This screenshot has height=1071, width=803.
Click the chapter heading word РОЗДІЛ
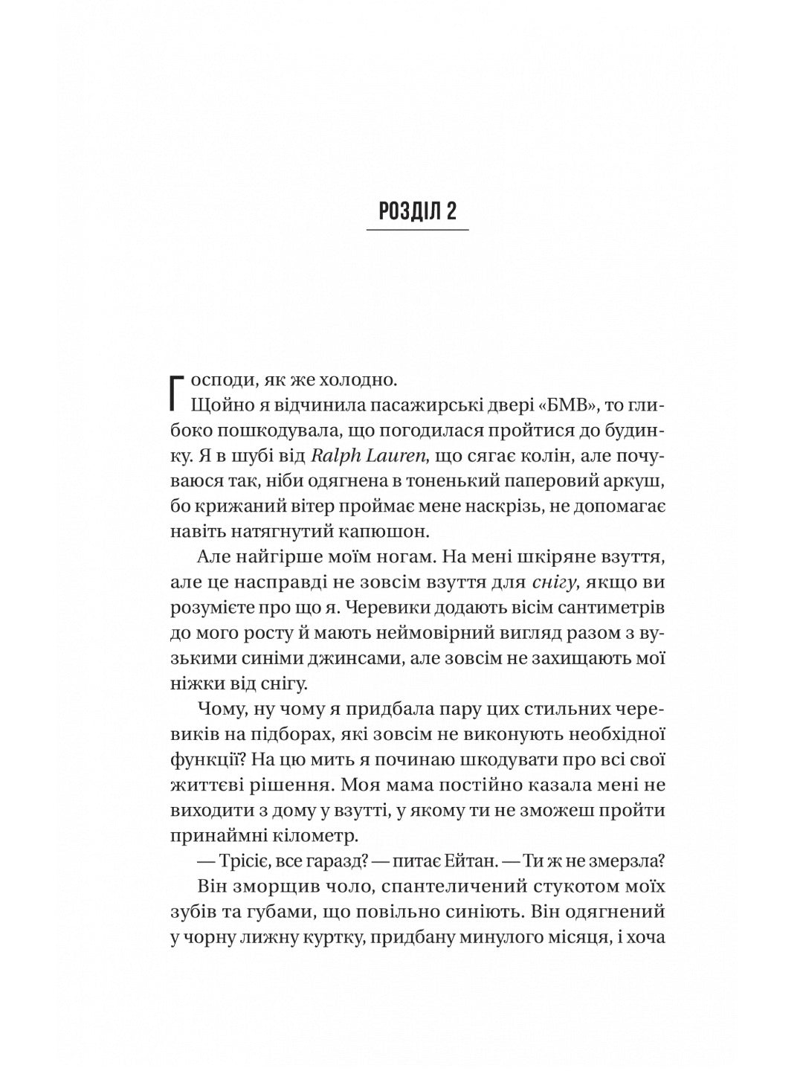click(x=404, y=212)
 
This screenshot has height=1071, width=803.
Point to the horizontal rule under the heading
click(x=417, y=231)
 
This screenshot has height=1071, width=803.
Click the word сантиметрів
click(x=612, y=608)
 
